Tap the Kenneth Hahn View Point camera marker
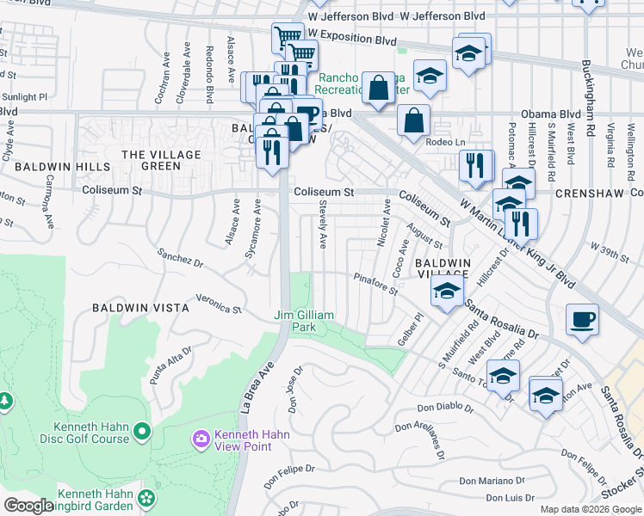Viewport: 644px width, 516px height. pos(201,439)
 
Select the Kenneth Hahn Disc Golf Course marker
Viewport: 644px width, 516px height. pos(141,429)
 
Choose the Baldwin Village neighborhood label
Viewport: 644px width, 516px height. pos(443,267)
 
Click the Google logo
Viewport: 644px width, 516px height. pos(28,506)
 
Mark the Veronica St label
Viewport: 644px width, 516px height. pos(219,304)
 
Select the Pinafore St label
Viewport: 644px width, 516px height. pos(375,283)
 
